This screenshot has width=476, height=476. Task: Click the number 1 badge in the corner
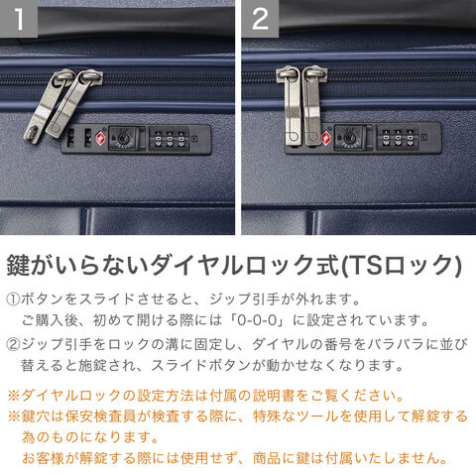click(x=19, y=18)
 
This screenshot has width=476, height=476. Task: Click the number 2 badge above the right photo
click(x=260, y=18)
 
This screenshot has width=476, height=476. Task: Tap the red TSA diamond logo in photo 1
click(x=100, y=139)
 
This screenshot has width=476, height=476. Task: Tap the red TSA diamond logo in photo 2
click(x=326, y=138)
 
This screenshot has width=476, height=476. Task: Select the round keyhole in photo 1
click(x=120, y=138)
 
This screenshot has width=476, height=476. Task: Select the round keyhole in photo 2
click(x=349, y=138)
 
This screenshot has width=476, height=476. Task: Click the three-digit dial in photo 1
click(x=170, y=139)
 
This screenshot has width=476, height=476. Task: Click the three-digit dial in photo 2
click(x=398, y=138)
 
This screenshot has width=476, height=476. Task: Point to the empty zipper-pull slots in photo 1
click(x=79, y=138)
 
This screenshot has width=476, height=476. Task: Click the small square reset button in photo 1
click(x=196, y=140)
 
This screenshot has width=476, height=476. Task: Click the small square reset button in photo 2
click(x=424, y=138)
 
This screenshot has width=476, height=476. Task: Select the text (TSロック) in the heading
click(x=401, y=266)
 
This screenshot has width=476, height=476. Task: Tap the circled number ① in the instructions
click(x=13, y=299)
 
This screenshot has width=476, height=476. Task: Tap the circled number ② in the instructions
click(x=13, y=344)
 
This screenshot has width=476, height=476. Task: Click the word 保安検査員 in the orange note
click(x=101, y=416)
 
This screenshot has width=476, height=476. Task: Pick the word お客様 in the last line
click(x=43, y=458)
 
